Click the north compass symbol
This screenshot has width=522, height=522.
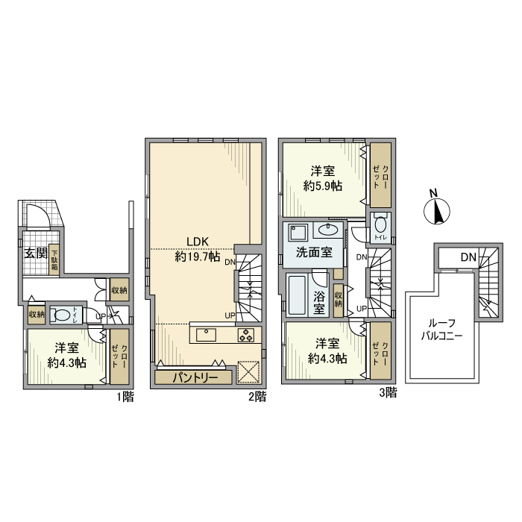(436, 210)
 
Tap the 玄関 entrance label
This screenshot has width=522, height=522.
(35, 254)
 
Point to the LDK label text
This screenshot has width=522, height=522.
(197, 242)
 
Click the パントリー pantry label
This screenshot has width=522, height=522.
(195, 377)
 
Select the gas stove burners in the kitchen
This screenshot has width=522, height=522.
(245, 335)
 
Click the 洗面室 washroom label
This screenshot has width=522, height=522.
(314, 252)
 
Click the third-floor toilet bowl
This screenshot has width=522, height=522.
(380, 224)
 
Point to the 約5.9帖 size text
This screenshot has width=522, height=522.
(322, 186)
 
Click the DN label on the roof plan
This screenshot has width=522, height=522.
(468, 258)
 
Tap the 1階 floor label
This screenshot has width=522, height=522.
(125, 397)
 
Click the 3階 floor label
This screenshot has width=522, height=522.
(387, 392)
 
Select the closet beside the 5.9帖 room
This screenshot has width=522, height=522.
(380, 174)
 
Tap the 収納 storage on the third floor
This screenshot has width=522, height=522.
(339, 299)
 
